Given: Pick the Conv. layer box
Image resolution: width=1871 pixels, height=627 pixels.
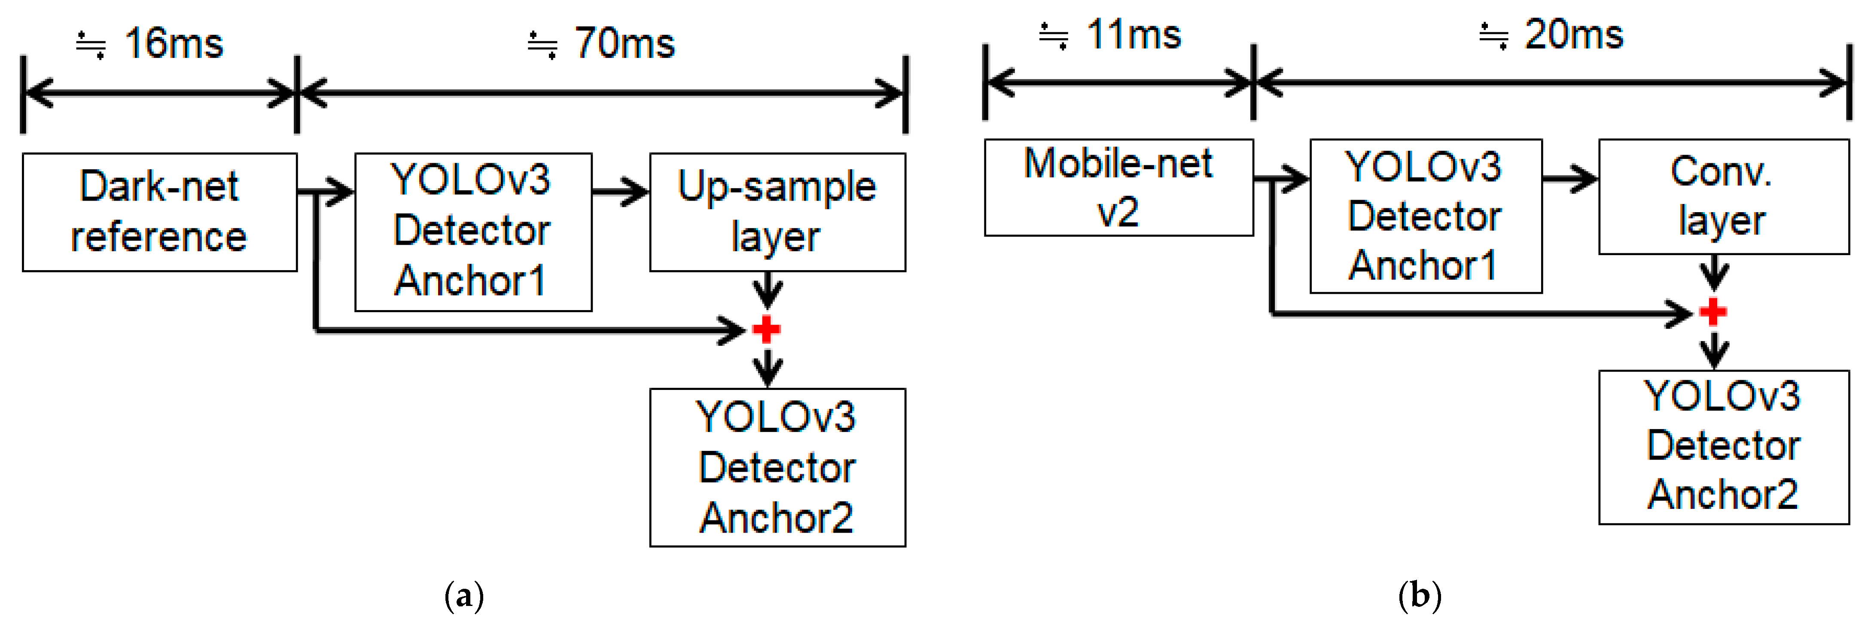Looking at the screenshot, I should (x=1723, y=196).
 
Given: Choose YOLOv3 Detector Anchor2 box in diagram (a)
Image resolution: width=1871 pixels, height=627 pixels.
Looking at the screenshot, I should (x=777, y=467).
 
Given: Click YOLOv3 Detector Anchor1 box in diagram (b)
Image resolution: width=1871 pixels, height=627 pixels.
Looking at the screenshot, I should (x=1425, y=216).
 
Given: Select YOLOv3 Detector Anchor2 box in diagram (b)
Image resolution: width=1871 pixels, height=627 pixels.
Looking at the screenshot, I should (x=1723, y=446).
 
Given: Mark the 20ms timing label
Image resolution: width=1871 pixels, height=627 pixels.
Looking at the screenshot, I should (x=1572, y=35).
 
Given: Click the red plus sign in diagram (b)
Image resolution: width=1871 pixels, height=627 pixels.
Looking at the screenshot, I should (x=1713, y=312).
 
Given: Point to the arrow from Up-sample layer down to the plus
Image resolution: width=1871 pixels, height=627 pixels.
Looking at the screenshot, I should (x=767, y=289).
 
